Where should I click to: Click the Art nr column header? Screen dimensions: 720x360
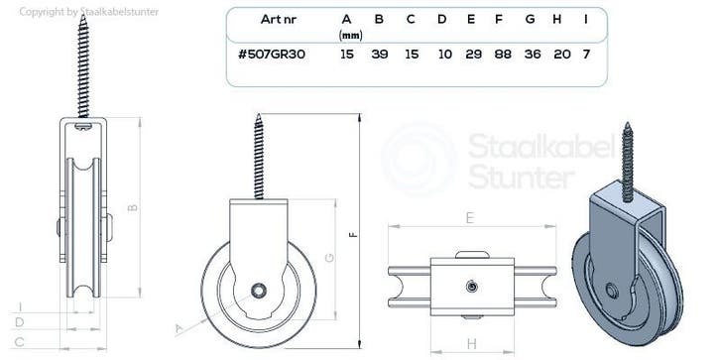(279, 19)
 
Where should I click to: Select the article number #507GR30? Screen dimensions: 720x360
(272, 55)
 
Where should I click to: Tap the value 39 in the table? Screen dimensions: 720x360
(379, 55)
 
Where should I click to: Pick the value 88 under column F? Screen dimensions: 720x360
(503, 55)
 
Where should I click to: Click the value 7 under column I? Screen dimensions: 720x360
(586, 55)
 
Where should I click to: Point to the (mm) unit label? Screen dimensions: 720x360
(350, 36)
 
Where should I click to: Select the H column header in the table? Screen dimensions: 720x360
(557, 19)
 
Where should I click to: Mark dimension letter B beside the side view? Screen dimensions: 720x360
(132, 207)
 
